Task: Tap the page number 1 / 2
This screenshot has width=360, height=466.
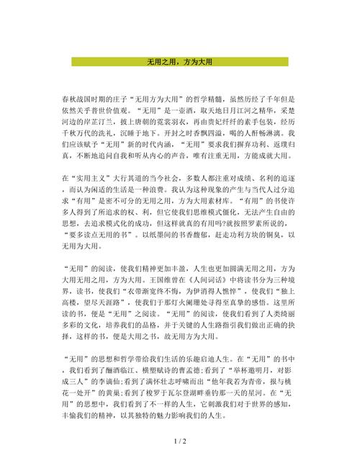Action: coord(180,440)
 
